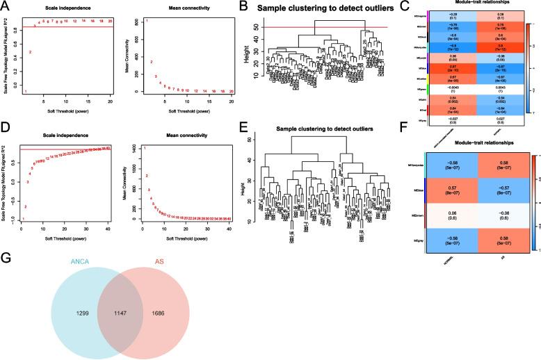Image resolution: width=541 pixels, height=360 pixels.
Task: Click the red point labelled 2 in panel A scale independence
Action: [30, 53]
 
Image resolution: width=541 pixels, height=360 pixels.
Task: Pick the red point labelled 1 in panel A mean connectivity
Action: [146, 22]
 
